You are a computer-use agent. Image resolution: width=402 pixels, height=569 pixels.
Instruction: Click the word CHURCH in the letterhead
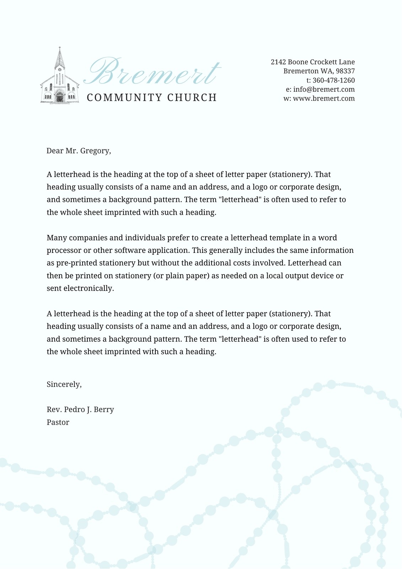192,97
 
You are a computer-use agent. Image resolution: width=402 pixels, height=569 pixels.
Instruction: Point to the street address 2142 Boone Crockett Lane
312,62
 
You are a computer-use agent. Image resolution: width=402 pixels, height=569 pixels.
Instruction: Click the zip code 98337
345,71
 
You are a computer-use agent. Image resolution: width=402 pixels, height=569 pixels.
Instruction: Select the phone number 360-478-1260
333,80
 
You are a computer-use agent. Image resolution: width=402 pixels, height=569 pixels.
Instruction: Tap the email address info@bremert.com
324,90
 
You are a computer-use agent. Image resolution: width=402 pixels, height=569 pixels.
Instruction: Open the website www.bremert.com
324,99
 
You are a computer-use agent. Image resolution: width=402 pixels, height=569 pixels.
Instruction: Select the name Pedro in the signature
75,410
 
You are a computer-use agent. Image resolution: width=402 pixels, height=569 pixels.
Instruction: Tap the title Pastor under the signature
58,422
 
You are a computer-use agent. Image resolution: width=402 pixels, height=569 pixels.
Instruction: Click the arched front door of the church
59,96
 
